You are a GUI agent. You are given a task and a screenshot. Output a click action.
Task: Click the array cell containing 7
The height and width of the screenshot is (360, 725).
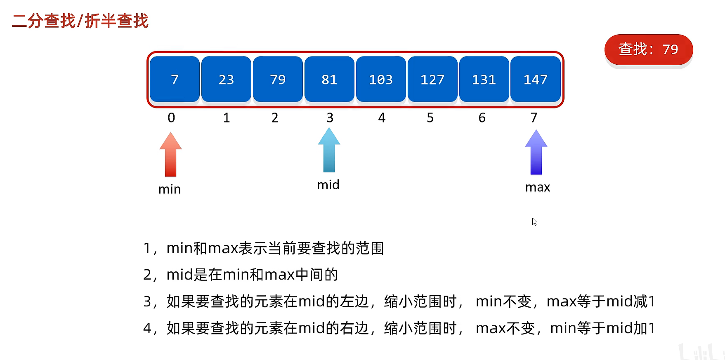click(175, 79)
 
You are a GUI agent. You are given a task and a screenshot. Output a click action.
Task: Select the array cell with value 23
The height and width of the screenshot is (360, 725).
click(226, 79)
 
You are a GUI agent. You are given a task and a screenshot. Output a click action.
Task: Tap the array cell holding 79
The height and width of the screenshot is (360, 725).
click(278, 79)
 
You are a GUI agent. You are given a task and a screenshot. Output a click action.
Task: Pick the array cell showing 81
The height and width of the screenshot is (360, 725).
click(329, 79)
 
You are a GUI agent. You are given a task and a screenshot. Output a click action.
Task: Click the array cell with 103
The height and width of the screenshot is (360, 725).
click(381, 79)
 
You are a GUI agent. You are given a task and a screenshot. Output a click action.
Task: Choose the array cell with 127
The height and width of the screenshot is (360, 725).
click(432, 79)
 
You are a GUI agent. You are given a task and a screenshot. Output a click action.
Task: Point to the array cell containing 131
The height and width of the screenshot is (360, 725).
click(484, 79)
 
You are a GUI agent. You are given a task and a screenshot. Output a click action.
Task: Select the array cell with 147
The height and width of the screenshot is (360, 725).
click(536, 79)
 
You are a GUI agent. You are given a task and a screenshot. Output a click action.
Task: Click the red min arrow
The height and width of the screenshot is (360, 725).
click(170, 155)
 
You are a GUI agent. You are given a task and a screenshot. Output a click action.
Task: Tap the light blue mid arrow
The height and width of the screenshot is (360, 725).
click(329, 150)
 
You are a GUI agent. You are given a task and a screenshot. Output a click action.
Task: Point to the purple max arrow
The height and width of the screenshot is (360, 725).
click(536, 152)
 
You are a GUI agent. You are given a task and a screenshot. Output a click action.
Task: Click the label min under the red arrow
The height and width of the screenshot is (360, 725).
click(170, 189)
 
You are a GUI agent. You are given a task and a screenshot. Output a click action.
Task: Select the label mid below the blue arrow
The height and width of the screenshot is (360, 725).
click(328, 185)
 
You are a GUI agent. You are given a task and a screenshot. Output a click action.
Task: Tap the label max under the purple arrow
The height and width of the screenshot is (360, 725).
click(538, 188)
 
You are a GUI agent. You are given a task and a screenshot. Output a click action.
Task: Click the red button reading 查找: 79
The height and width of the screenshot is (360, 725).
click(648, 49)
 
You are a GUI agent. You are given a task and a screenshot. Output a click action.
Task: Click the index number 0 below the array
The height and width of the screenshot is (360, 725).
click(171, 118)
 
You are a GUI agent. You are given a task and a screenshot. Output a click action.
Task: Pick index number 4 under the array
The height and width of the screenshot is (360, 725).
click(382, 118)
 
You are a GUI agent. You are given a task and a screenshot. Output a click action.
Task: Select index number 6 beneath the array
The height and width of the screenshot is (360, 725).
click(482, 118)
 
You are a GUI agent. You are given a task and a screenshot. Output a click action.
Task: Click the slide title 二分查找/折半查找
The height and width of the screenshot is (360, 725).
click(80, 21)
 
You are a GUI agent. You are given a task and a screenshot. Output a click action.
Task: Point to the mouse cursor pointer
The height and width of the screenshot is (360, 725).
click(534, 221)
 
